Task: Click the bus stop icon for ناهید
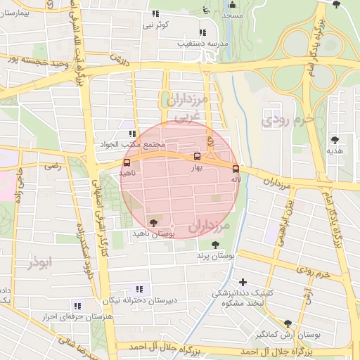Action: click(x=127, y=162)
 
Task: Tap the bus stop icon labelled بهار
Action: click(x=196, y=157)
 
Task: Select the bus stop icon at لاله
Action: click(x=235, y=169)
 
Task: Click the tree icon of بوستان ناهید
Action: click(x=154, y=222)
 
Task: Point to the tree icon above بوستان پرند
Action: click(x=215, y=245)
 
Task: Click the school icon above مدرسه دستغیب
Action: click(x=202, y=32)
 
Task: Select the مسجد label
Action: click(x=232, y=15)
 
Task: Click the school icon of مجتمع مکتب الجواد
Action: click(x=131, y=134)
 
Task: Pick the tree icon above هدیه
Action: click(x=335, y=140)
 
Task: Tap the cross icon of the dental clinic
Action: click(x=243, y=281)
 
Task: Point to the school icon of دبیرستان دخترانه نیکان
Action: click(x=139, y=288)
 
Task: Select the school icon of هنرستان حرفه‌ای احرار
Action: click(x=77, y=306)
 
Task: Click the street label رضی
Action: click(x=53, y=167)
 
